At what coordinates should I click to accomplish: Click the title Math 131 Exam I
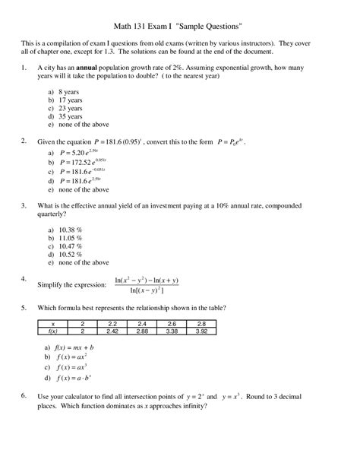click(179, 25)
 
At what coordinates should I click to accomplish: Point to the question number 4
click(24, 278)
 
